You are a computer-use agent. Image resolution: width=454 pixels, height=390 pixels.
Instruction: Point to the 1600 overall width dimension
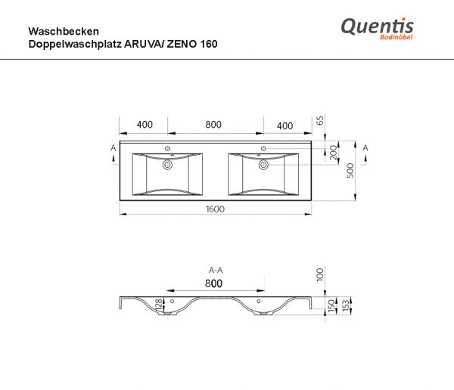point(215,209)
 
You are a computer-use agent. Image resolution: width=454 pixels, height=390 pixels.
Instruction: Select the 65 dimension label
point(319,121)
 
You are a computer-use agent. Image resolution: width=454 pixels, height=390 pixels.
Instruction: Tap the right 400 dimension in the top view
point(285,125)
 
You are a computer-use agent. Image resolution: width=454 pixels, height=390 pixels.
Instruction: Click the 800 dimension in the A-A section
point(213,283)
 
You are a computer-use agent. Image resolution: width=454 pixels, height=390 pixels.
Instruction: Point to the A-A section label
point(215,269)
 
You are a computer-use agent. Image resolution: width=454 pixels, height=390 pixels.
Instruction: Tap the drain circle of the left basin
point(167,162)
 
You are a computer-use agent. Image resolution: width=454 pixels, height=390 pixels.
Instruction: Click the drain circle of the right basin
point(263,162)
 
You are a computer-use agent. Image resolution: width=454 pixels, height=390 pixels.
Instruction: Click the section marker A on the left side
point(113,148)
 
